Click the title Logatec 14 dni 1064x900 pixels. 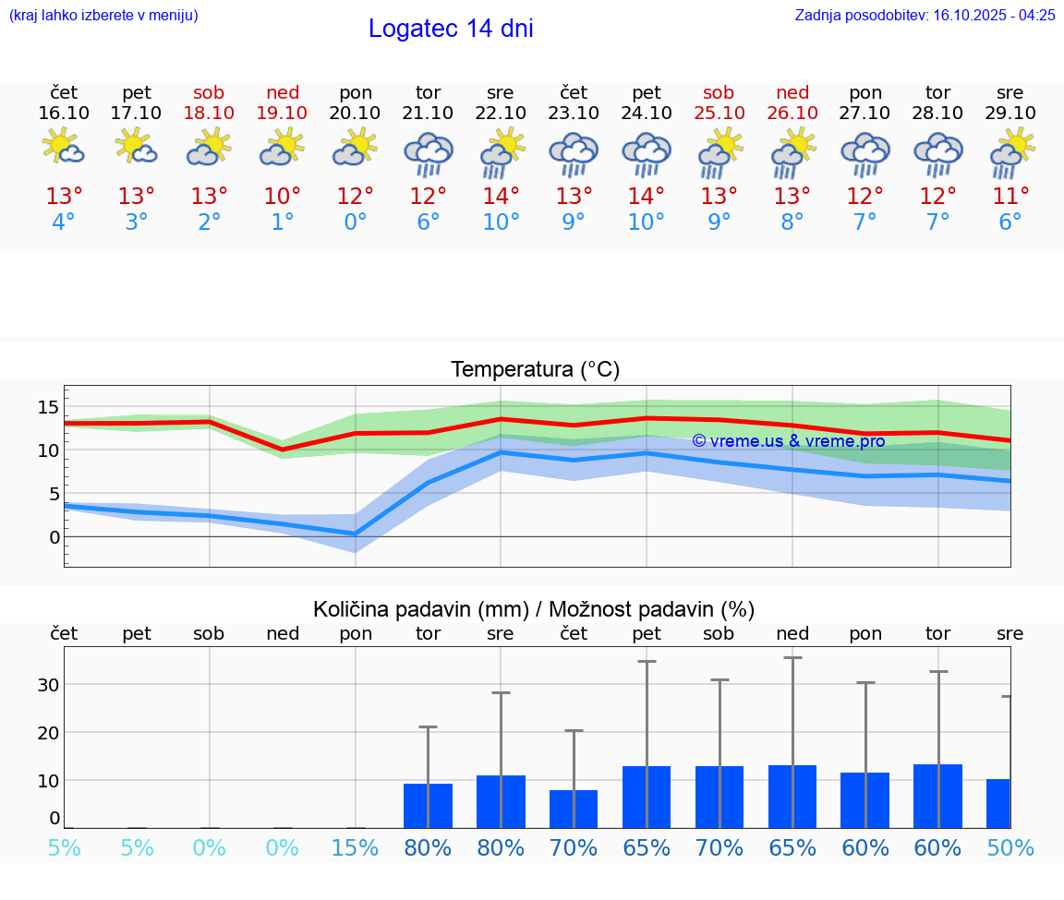point(451,29)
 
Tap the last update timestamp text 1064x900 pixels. point(925,15)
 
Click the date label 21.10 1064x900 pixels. point(428,113)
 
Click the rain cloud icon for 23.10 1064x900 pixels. point(574,153)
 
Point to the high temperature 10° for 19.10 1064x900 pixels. point(283,197)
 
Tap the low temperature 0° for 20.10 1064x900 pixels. point(356,222)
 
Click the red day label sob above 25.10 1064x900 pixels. point(719,92)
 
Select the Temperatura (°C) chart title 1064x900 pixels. point(535,370)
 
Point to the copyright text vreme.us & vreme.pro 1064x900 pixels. point(788,441)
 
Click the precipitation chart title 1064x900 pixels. point(534,609)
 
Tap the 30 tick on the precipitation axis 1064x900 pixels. point(48,685)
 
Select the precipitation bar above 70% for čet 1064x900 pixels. point(574,809)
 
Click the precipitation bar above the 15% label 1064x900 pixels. point(356,827)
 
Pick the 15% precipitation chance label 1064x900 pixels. point(356,847)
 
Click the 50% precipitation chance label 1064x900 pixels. point(1010,847)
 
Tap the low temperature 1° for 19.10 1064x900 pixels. point(283,222)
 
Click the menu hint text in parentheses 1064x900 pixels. point(103,15)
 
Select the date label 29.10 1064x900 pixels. point(1010,113)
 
